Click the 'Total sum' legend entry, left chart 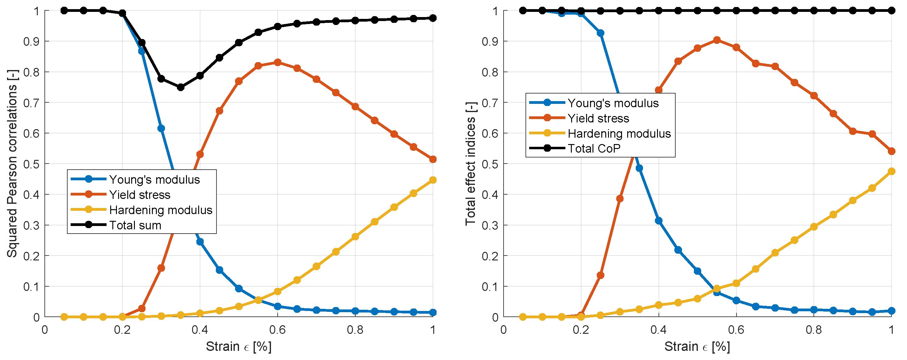pyautogui.click(x=135, y=225)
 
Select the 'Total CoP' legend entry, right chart pyautogui.click(x=594, y=149)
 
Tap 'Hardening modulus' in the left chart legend pyautogui.click(x=160, y=210)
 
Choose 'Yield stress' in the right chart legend pyautogui.click(x=598, y=118)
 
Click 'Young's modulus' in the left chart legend pyautogui.click(x=154, y=180)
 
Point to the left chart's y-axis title pyautogui.click(x=12, y=164)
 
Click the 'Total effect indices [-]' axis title pyautogui.click(x=470, y=164)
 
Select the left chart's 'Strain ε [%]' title pyautogui.click(x=239, y=347)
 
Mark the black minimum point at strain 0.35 pyautogui.click(x=181, y=87)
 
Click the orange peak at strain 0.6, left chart pyautogui.click(x=277, y=63)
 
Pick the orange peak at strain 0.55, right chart pyautogui.click(x=716, y=40)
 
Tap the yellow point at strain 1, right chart pyautogui.click(x=891, y=171)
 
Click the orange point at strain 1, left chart pyautogui.click(x=433, y=160)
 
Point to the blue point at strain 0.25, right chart pyautogui.click(x=601, y=33)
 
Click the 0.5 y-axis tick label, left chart pyautogui.click(x=31, y=164)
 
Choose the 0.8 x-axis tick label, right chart pyautogui.click(x=814, y=330)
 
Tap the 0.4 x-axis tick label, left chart pyautogui.click(x=200, y=330)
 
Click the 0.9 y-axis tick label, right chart pyautogui.click(x=490, y=41)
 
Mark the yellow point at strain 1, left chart pyautogui.click(x=433, y=180)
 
